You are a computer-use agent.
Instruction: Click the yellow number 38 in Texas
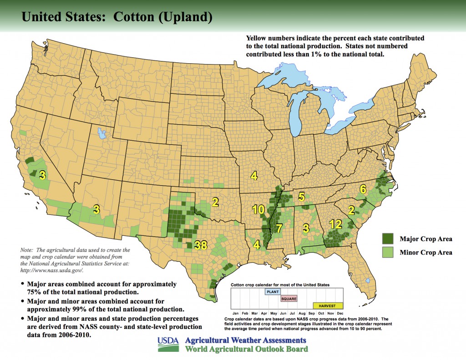pyautogui.click(x=201, y=245)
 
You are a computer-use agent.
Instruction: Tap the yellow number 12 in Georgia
pyautogui.click(x=335, y=224)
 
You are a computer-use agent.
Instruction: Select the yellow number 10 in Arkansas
pyautogui.click(x=258, y=209)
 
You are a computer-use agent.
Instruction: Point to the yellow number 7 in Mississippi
pyautogui.click(x=279, y=228)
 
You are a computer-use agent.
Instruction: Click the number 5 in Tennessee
pyautogui.click(x=301, y=197)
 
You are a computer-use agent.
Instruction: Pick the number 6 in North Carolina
pyautogui.click(x=363, y=189)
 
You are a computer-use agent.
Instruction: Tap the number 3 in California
pyautogui.click(x=42, y=176)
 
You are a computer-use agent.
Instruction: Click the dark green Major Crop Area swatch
pyautogui.click(x=388, y=238)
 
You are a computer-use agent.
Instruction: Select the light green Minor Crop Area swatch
pyautogui.click(x=388, y=252)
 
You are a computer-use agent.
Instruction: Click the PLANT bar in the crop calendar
pyautogui.click(x=273, y=292)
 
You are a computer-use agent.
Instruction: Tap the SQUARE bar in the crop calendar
pyautogui.click(x=289, y=299)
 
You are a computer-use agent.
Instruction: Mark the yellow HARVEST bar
pyautogui.click(x=328, y=305)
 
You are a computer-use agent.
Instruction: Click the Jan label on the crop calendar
pyautogui.click(x=235, y=314)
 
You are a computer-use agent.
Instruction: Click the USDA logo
pyautogui.click(x=168, y=344)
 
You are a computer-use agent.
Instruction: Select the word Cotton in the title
pyautogui.click(x=133, y=17)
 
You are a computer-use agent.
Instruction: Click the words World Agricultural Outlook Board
pyautogui.click(x=246, y=349)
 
